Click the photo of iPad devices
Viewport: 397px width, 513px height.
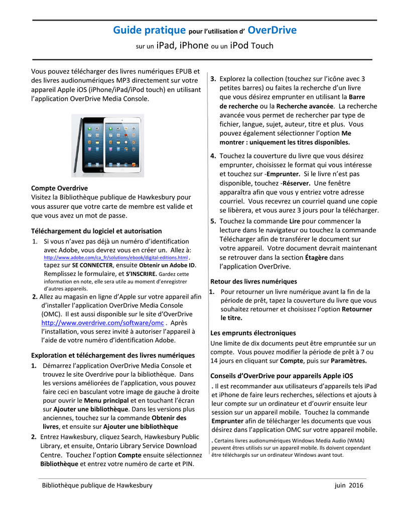click(107, 145)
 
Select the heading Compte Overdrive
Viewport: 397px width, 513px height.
click(59, 188)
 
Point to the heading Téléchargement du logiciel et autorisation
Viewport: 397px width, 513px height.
click(96, 231)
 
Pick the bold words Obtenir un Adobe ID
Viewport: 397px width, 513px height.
click(167, 266)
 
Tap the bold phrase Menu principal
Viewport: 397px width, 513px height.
click(106, 401)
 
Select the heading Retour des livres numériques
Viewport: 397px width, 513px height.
click(253, 282)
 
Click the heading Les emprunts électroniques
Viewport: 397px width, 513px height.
click(253, 333)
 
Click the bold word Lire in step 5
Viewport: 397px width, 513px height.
click(295, 221)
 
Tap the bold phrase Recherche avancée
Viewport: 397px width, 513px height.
click(305, 106)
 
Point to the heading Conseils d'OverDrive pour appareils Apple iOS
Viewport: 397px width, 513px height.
click(281, 375)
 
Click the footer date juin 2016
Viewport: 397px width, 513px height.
click(349, 485)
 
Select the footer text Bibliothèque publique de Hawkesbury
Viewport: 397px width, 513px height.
click(97, 485)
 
